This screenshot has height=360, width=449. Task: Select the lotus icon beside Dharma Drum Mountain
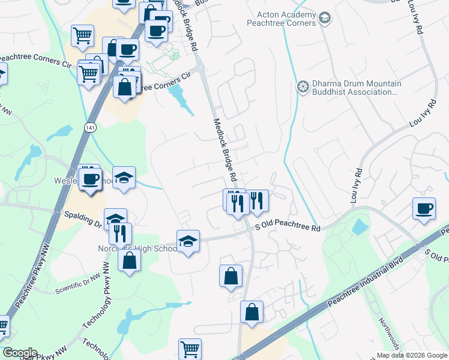click(303, 88)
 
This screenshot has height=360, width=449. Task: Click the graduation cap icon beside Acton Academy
click(325, 19)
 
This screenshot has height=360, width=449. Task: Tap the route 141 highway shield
click(89, 128)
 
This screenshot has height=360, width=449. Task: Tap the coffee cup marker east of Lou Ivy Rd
click(424, 209)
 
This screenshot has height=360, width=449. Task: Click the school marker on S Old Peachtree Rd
click(188, 241)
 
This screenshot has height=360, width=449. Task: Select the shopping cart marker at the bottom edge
click(190, 349)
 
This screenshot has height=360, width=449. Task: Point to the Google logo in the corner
click(20, 353)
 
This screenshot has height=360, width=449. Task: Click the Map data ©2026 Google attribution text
click(411, 355)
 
